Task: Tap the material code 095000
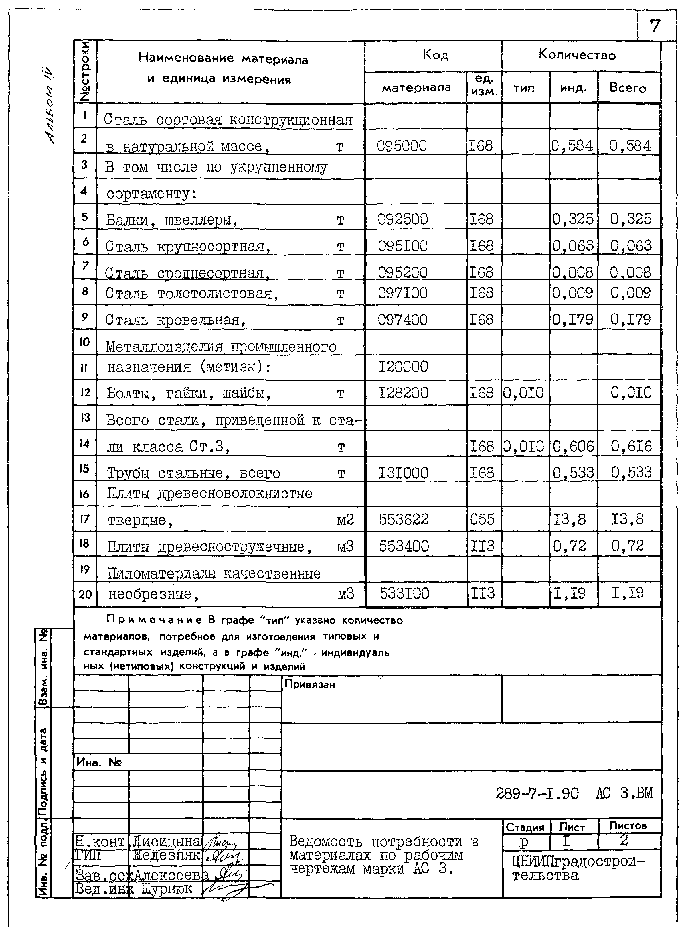402,146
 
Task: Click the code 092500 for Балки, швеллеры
402,219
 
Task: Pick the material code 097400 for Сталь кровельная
402,320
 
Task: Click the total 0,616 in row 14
631,446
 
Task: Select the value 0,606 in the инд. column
573,446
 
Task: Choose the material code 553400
404,546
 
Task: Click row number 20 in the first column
85,594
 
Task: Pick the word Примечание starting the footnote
154,620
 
